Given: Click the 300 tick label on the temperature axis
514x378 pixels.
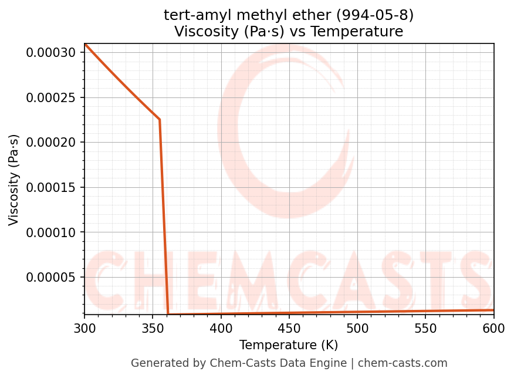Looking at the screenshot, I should [84, 329].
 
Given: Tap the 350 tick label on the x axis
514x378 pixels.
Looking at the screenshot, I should [153, 329].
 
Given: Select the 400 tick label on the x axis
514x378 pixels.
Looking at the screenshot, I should [221, 329].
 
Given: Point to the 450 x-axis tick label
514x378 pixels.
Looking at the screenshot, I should [289, 329].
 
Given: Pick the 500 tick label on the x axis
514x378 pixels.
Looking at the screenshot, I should [357, 329].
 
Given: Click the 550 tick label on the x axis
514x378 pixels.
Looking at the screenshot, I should [425, 329].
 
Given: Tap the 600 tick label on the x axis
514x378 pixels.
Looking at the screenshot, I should [493, 329].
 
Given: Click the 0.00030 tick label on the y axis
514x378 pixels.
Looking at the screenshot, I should [50, 53].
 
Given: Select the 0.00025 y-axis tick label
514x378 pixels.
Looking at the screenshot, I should [50, 97].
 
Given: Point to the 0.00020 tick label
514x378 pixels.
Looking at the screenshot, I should [50, 143].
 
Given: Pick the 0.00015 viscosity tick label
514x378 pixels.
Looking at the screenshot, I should [50, 188].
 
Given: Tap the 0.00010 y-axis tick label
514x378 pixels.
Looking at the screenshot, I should [50, 232].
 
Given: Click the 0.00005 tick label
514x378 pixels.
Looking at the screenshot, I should [50, 278].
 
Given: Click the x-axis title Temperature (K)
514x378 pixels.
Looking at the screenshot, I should [289, 345].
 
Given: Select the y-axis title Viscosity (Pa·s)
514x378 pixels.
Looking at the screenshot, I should [14, 180].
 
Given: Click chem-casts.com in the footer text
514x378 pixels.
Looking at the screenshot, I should [403, 363].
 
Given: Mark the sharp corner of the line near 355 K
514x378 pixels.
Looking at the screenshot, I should [160, 120].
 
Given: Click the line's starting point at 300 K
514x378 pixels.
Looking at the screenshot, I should [85, 44].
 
